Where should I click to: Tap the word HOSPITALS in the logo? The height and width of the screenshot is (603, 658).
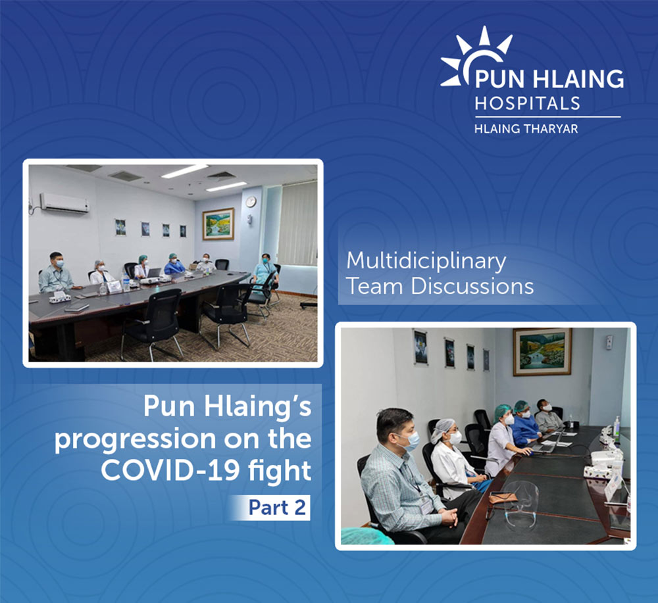pos(528,103)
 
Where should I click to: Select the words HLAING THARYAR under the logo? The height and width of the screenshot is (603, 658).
pos(526,128)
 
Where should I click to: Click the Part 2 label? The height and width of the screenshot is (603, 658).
pos(277,508)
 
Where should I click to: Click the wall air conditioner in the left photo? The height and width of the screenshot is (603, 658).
pos(64,203)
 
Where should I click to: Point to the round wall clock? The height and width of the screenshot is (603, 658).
pos(251,202)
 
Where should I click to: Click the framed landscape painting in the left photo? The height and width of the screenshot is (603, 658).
pos(218,224)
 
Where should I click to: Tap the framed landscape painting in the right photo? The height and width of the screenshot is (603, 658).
pos(542,352)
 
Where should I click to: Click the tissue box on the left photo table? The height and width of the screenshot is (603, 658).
pos(59,297)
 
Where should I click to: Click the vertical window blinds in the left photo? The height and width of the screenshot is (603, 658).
pos(297,224)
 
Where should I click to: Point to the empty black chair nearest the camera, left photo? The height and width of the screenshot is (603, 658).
pos(153,321)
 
